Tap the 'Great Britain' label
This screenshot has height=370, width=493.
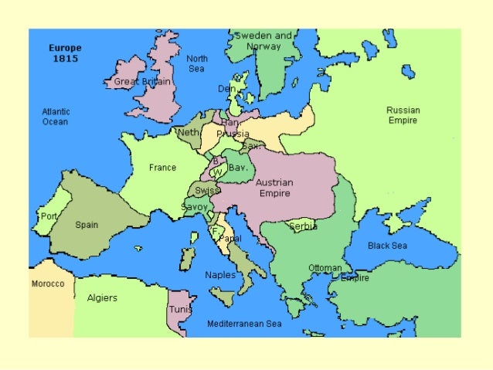point(142,81)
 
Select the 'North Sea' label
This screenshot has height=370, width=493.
point(197,63)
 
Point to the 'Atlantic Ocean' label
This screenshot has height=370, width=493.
point(55,117)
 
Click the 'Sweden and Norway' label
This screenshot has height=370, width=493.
point(263,41)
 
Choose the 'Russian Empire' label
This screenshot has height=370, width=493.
point(403,115)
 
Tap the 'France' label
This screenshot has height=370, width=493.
point(162,168)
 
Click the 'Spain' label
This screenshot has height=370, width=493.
point(87,226)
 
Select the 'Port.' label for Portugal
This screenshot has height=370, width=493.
point(49,217)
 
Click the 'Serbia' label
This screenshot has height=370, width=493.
point(303,227)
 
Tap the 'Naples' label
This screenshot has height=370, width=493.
point(220,275)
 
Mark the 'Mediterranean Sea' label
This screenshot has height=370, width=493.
point(244,324)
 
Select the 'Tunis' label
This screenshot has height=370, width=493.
point(180,309)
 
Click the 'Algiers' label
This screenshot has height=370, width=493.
point(102,298)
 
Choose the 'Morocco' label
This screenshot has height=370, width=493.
point(47,283)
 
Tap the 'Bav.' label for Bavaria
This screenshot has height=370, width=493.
point(237,167)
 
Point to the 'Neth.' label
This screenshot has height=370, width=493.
point(189,132)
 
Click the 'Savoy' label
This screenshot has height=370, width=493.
point(194,207)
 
